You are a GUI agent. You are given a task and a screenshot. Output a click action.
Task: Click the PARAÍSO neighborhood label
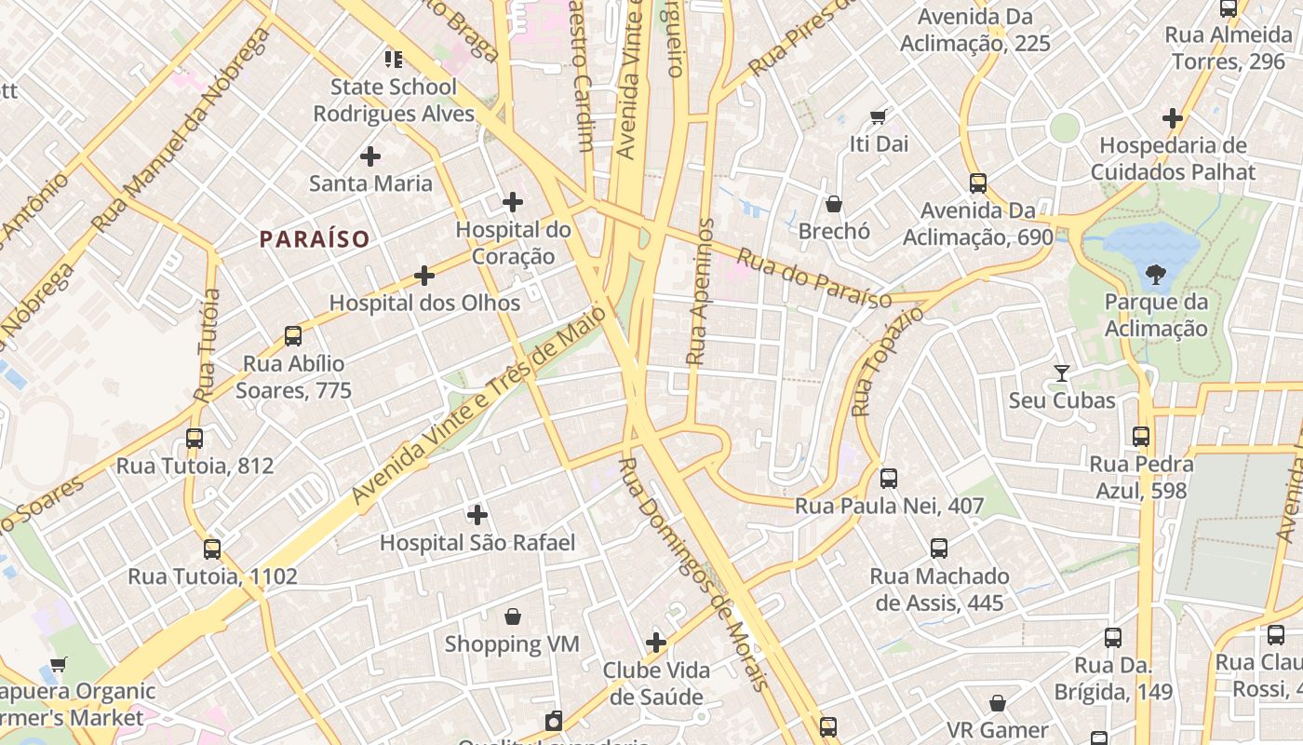[x=315, y=239]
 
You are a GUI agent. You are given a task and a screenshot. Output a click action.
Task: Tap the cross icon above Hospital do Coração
[x=513, y=202]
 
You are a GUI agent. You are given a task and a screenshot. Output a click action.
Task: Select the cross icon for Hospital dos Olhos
[x=424, y=276]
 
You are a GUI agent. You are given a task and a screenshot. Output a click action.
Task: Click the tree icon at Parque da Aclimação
[x=1156, y=275]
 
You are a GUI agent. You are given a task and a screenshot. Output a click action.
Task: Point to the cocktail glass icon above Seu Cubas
[x=1062, y=373]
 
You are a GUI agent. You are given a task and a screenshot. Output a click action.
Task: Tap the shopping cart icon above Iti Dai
[x=878, y=117]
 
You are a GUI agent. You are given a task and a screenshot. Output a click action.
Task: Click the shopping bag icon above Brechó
[x=834, y=204]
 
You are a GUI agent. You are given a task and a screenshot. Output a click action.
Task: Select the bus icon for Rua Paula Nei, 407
[x=889, y=479]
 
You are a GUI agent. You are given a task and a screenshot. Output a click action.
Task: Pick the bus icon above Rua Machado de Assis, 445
[x=939, y=549]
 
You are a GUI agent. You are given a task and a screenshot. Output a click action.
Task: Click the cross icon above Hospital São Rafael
[x=477, y=515]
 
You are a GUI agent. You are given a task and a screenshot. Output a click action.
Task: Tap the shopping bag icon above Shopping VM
[x=512, y=616]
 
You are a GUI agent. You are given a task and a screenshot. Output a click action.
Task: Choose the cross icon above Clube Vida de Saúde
[x=656, y=643]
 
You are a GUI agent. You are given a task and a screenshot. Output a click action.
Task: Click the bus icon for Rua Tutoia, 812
[x=195, y=438]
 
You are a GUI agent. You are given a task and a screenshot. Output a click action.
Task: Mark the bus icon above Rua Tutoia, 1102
[x=212, y=549]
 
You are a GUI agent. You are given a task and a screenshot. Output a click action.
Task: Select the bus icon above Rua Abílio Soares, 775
[x=293, y=336]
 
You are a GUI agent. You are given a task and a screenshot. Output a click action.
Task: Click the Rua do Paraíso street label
[x=813, y=278]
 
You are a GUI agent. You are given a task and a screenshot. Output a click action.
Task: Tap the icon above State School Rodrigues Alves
[x=394, y=60]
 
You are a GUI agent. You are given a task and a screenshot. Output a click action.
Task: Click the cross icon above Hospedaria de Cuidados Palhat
[x=1173, y=118]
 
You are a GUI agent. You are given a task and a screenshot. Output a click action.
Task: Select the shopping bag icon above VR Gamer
[x=998, y=703]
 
